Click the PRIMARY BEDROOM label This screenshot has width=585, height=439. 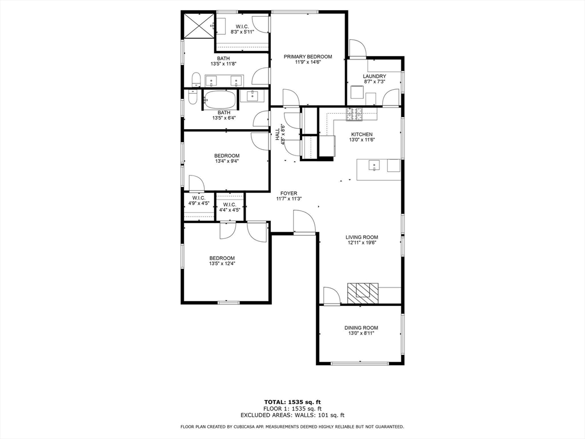point(308,57)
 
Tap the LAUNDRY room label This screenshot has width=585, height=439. point(374,77)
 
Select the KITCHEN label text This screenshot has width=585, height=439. point(362,134)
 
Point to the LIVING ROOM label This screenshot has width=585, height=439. point(362,237)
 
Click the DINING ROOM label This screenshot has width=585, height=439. point(361,328)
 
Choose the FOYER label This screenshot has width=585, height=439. point(289,193)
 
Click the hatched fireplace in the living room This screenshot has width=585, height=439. point(362,293)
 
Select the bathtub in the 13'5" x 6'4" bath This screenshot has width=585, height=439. point(219,99)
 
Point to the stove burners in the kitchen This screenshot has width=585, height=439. point(354,114)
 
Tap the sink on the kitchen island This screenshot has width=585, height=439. point(374,166)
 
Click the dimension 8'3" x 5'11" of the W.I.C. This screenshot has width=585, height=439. point(242,32)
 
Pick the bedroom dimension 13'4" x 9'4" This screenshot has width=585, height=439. point(227,161)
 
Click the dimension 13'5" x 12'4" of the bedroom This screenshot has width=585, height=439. point(222,264)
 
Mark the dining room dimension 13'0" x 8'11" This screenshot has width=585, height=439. point(361,334)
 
